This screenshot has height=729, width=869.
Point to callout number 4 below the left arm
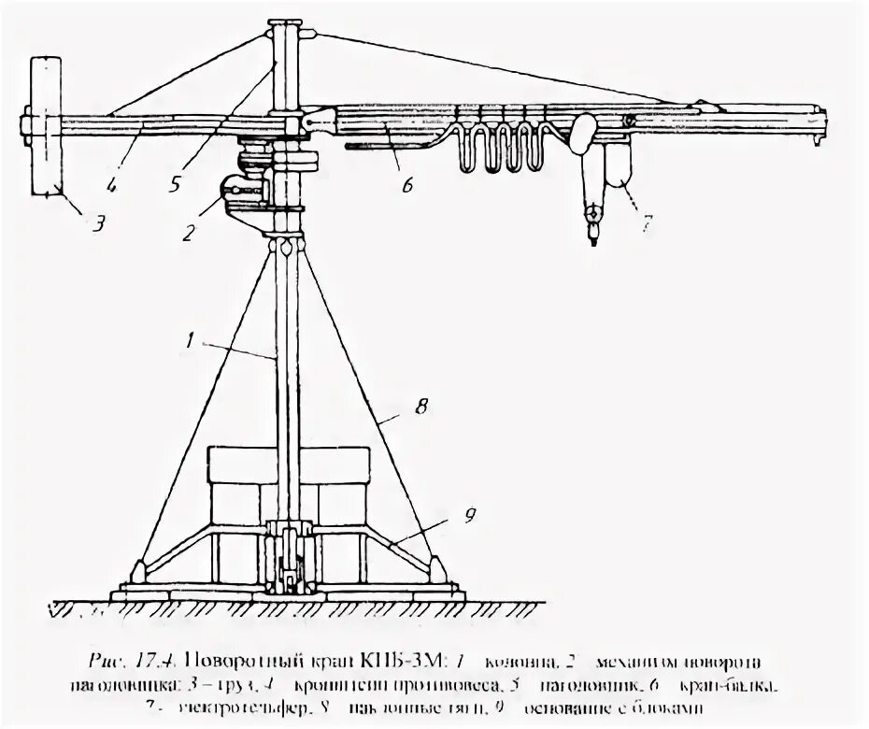tap(111, 185)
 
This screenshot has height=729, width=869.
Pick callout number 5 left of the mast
tap(175, 184)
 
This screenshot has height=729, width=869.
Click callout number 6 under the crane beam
tap(407, 184)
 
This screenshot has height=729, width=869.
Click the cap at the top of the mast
tap(286, 23)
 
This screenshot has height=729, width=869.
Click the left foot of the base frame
tap(137, 571)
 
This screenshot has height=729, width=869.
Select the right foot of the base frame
tap(434, 571)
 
